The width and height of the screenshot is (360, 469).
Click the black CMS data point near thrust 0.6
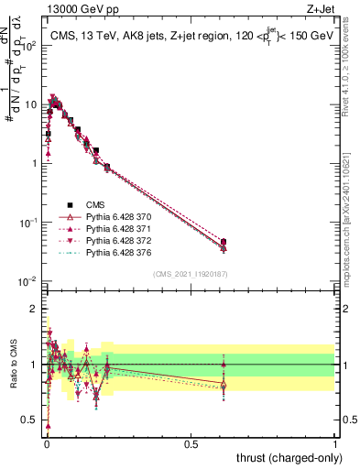pyautogui.click(x=224, y=242)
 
